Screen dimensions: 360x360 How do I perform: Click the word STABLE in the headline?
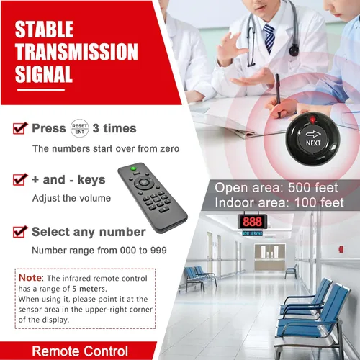tap(44, 30)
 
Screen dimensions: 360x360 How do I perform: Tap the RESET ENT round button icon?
tap(80, 128)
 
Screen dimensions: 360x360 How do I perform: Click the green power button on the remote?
tap(133, 168)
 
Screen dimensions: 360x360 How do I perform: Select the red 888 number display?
tap(252, 222)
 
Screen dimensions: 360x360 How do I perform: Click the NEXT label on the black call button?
tap(313, 143)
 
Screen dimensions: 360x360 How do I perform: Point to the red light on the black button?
tap(312, 120)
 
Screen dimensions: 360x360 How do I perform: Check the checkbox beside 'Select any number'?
tap(20, 232)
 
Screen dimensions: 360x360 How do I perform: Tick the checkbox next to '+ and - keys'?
tap(20, 179)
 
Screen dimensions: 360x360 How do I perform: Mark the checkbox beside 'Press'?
tap(20, 128)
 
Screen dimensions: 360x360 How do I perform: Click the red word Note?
tap(30, 278)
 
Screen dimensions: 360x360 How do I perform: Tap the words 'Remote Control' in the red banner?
tap(80, 351)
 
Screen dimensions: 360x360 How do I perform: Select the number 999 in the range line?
tap(158, 251)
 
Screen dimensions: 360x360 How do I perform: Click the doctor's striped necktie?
tap(269, 38)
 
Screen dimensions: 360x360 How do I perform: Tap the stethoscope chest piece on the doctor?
tap(294, 50)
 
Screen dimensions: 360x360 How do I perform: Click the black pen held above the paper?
tap(278, 94)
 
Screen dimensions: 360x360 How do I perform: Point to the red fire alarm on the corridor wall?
tap(341, 249)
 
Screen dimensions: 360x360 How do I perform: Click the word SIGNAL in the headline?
tap(44, 74)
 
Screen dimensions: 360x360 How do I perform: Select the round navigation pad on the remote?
tap(143, 183)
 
